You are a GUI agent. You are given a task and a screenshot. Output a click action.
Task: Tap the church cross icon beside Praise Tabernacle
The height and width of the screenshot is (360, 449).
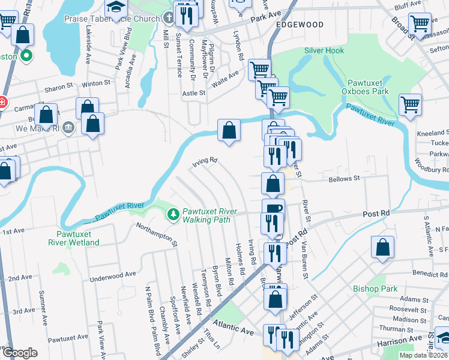[x=168, y=18]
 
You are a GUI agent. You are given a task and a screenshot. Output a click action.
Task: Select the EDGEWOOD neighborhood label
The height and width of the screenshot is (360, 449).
[x=300, y=25]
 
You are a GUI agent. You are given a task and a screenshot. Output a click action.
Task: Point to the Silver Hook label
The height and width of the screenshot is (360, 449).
[x=324, y=50]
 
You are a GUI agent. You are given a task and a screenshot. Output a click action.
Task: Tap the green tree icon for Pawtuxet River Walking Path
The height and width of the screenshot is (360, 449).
[x=173, y=214]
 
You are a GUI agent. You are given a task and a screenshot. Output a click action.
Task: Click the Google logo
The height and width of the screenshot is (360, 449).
[x=20, y=352]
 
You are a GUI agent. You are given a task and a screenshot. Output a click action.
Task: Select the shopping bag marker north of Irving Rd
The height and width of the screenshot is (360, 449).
[x=229, y=130]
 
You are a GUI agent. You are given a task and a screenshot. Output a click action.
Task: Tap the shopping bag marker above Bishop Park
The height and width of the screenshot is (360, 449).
[x=382, y=247]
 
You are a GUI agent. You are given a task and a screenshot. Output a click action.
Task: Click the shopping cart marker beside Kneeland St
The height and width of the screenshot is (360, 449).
[x=411, y=105]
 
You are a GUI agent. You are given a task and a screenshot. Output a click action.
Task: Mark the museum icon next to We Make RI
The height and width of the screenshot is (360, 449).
[x=67, y=127]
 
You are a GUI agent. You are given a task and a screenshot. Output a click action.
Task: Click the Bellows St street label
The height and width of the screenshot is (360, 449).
[x=344, y=179]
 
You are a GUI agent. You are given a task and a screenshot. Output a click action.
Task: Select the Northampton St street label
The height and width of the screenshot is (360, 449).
[x=157, y=234]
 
